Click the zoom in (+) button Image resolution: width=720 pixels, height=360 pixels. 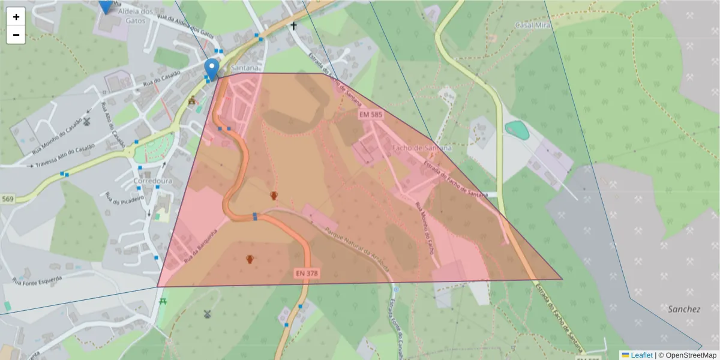tap(16, 16)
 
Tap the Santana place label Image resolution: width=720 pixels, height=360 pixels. tap(244, 68)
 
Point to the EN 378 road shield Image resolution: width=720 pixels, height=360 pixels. tap(307, 274)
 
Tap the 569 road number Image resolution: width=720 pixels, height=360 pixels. tap(8, 199)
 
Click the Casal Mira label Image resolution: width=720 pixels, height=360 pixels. tap(533, 25)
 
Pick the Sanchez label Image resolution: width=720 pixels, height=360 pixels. tap(684, 310)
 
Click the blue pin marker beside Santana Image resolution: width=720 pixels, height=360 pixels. tap(212, 68)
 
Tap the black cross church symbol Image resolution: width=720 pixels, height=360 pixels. tap(293, 26)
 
